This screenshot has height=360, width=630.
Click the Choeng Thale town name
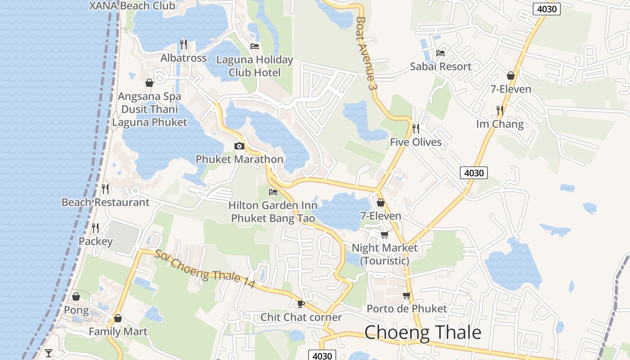click(x=423, y=333)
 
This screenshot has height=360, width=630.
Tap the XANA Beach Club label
click(x=132, y=6)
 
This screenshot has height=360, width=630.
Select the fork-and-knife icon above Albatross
click(x=184, y=44)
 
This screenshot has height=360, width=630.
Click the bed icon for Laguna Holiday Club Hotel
click(x=255, y=46)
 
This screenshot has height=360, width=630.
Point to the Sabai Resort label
click(x=441, y=67)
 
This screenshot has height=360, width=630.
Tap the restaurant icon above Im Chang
click(x=499, y=110)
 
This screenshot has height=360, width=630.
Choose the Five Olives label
click(x=415, y=142)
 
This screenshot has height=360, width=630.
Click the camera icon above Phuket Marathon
click(x=239, y=146)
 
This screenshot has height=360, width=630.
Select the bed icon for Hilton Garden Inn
click(x=273, y=192)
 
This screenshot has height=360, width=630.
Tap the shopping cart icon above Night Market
click(x=385, y=234)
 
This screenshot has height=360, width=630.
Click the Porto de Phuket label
click(x=406, y=309)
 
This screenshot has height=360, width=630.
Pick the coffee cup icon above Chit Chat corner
click(x=301, y=304)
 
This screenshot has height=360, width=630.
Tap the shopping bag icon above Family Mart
click(x=118, y=319)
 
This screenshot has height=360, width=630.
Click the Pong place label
click(x=76, y=310)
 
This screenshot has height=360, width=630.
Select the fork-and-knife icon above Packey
click(x=95, y=228)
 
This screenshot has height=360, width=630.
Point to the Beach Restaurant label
click(x=105, y=202)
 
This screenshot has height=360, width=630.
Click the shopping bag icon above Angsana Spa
click(x=149, y=83)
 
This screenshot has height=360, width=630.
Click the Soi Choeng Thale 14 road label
click(x=205, y=269)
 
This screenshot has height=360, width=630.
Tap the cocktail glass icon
click(x=49, y=353)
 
